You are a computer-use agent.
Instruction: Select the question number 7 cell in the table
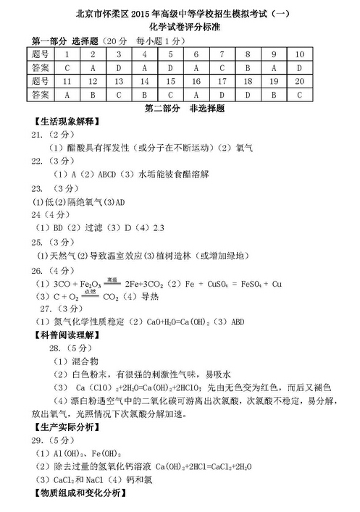point(219,54)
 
